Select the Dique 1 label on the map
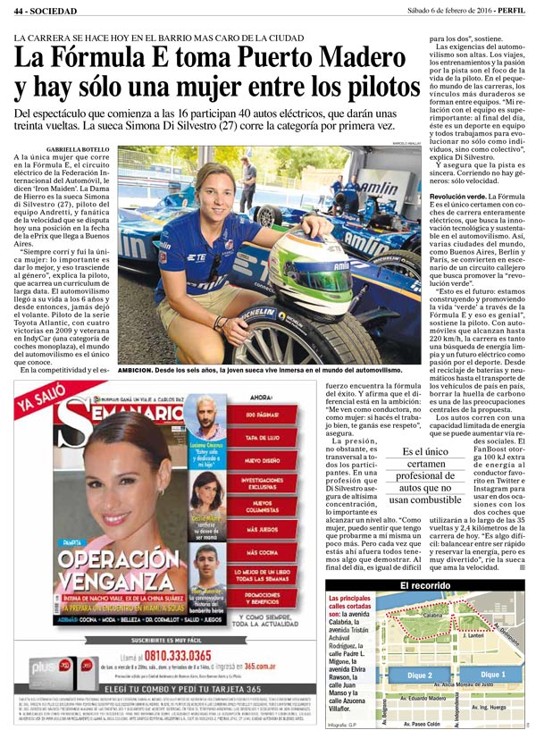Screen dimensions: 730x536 point(492,674)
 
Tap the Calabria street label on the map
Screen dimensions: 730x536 point(432,615)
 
